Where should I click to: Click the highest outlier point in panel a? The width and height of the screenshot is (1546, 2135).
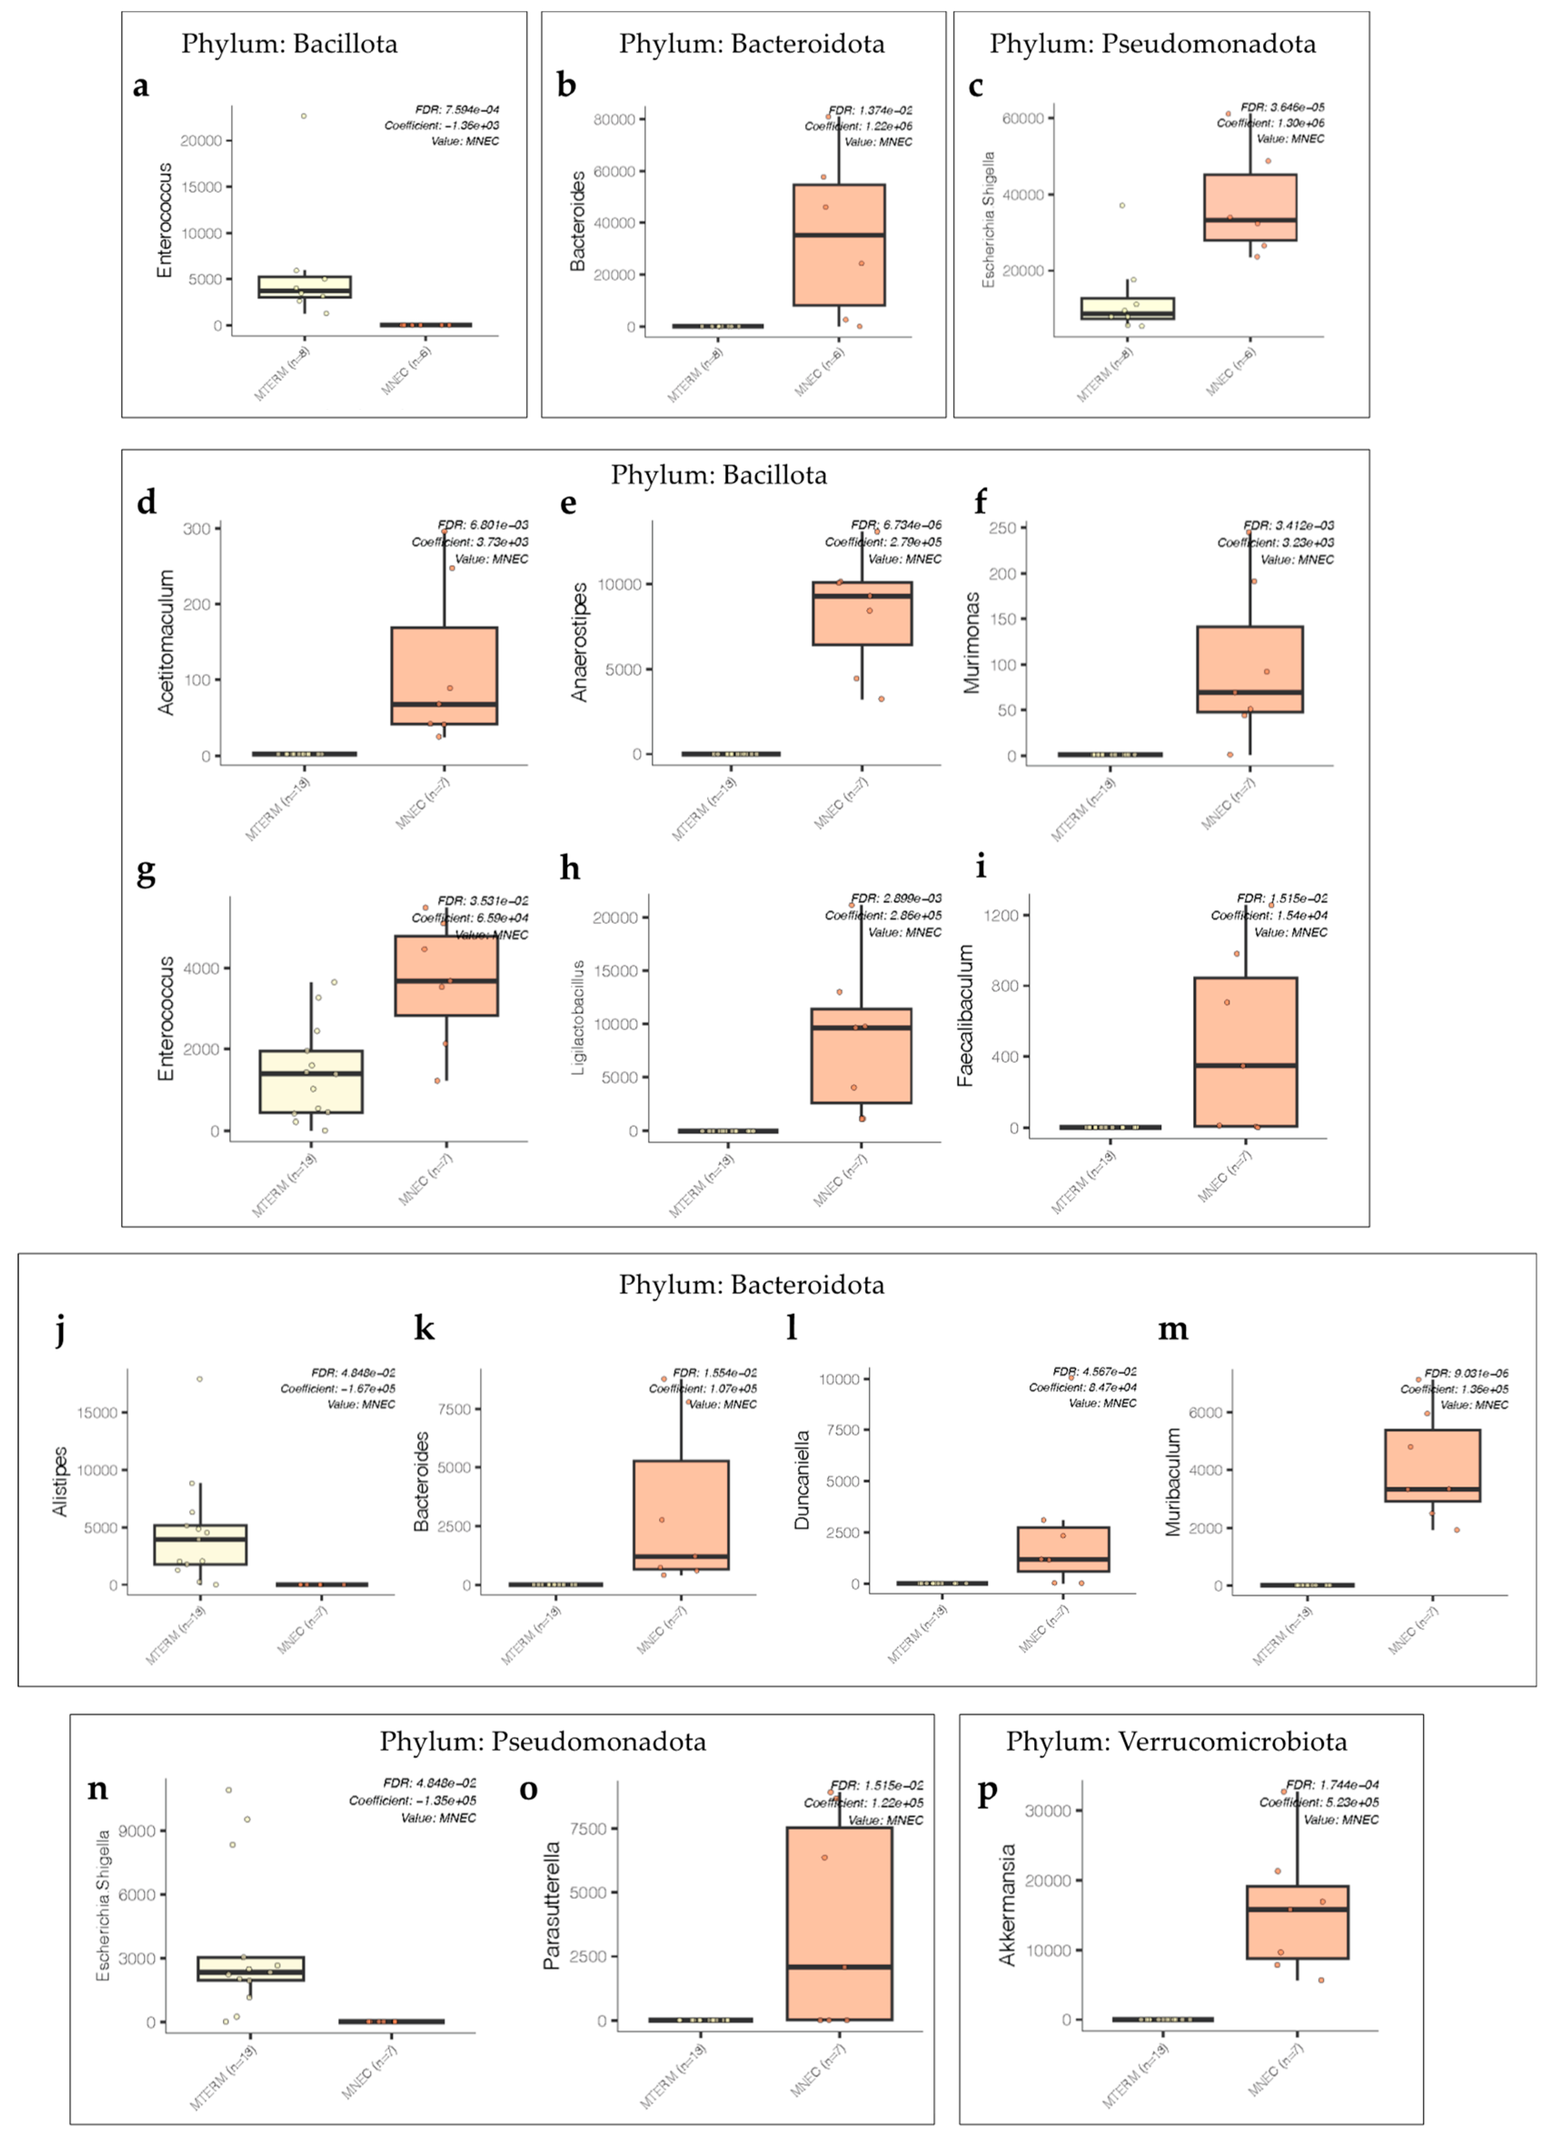pyautogui.click(x=303, y=116)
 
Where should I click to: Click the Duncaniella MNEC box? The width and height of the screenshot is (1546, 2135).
pyautogui.click(x=1063, y=1548)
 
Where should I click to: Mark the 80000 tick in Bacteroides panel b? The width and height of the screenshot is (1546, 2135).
pyautogui.click(x=614, y=119)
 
